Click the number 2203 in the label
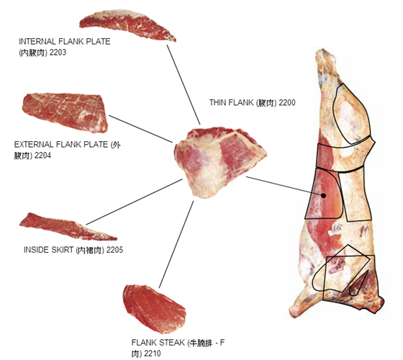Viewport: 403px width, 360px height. [58, 52]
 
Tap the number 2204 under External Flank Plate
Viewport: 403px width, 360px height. [42, 156]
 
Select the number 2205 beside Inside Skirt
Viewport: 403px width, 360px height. [114, 250]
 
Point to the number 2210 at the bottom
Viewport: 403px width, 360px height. [152, 354]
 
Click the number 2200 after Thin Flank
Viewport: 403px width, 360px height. [287, 102]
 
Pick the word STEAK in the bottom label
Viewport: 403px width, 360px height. [172, 343]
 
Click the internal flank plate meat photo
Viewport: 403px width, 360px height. [127, 24]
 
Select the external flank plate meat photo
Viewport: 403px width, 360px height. [65, 112]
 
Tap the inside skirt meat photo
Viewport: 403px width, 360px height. [68, 227]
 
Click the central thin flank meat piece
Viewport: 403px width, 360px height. [220, 163]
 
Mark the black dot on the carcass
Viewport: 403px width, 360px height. [324, 196]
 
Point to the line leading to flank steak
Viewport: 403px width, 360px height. [176, 244]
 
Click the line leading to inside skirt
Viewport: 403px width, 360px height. [134, 202]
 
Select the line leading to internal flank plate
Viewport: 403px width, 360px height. [184, 85]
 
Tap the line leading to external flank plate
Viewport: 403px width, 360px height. [140, 129]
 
